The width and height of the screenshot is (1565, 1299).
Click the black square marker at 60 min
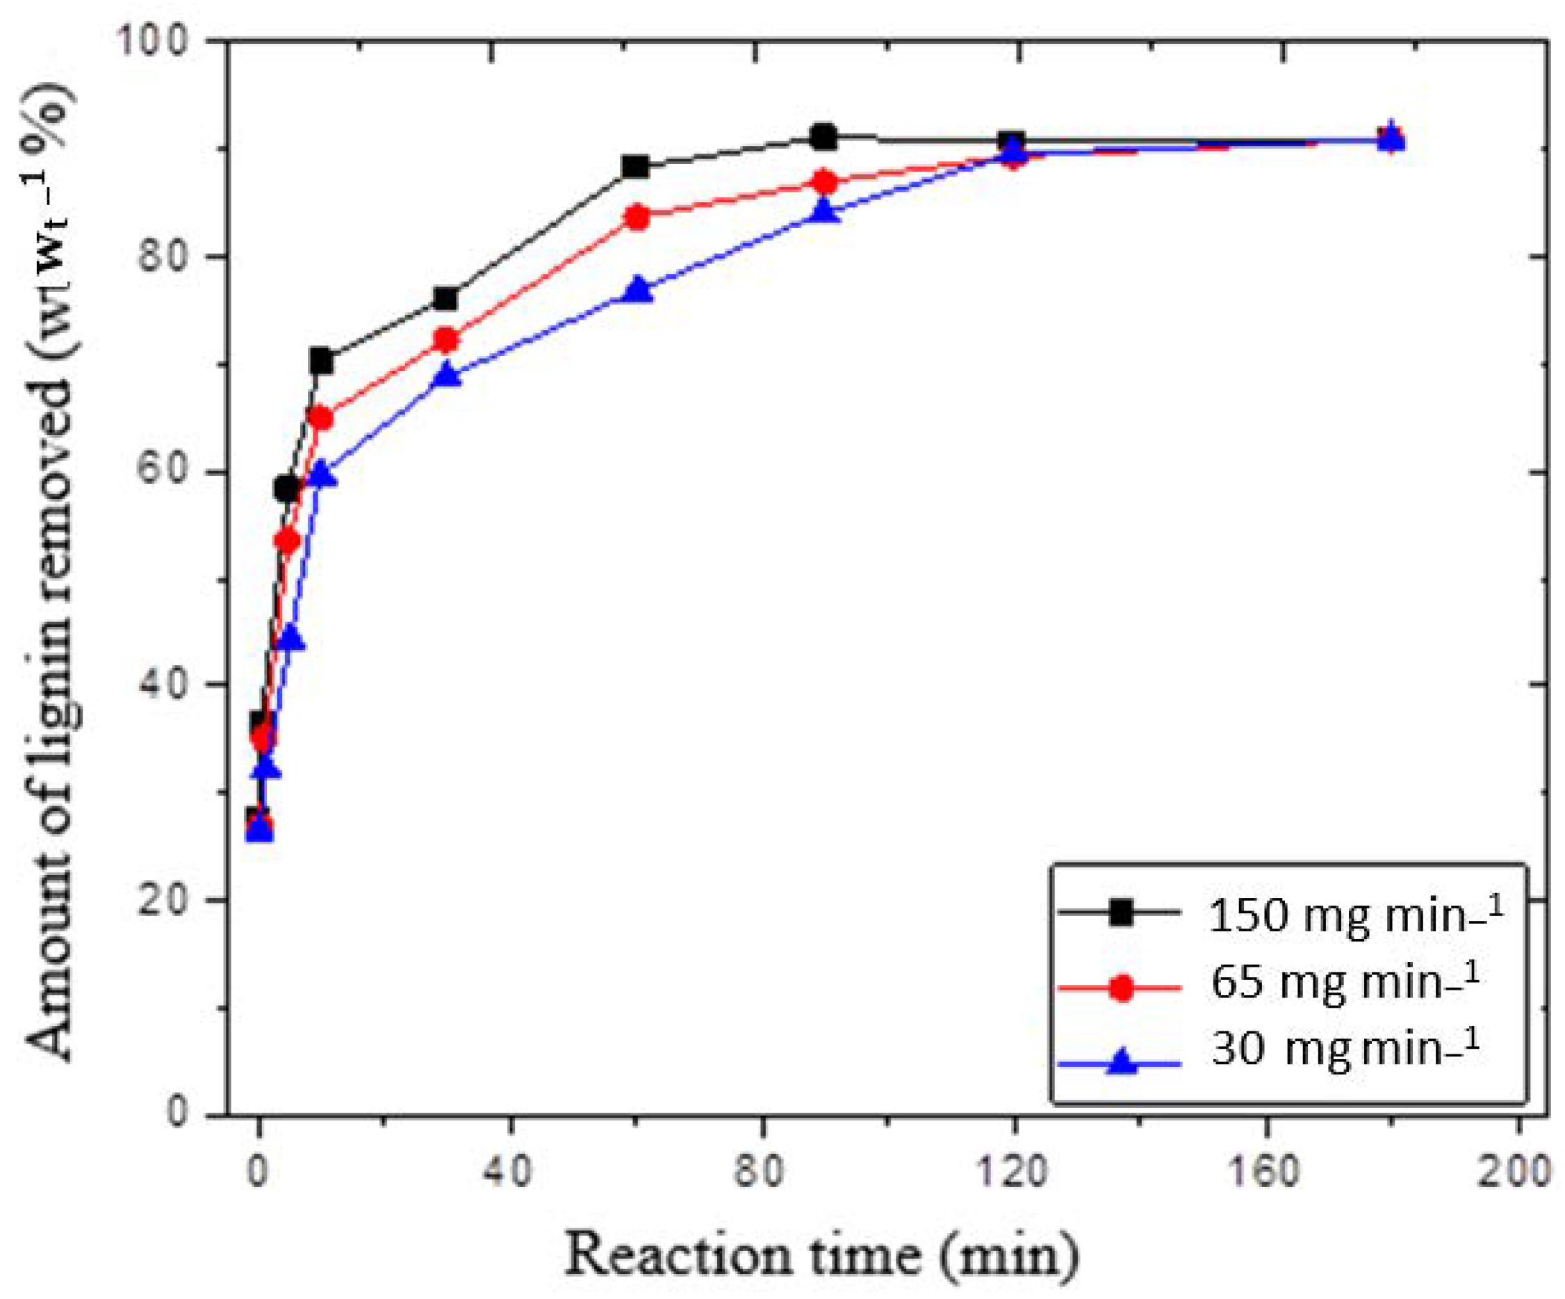[636, 167]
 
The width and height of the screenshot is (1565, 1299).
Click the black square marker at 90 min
[824, 138]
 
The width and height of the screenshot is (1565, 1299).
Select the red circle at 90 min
[824, 183]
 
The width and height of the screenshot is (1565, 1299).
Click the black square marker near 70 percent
[321, 362]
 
